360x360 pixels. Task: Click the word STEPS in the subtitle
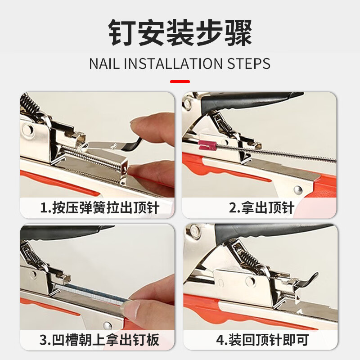coord(248,63)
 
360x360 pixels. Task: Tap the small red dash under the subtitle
coord(180,82)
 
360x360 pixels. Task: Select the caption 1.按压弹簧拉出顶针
coord(99,208)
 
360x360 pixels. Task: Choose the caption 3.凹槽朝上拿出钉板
coord(99,340)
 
